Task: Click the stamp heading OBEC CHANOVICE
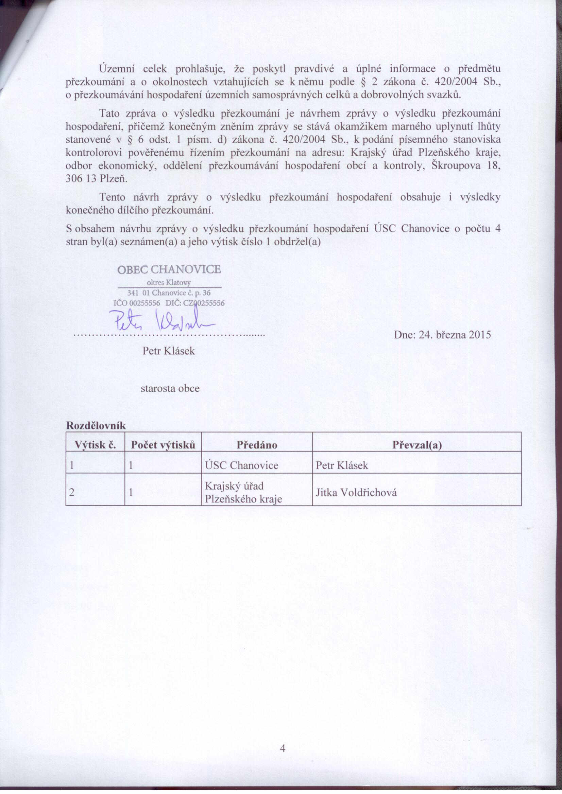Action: [x=169, y=269]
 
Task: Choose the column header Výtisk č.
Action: [x=95, y=445]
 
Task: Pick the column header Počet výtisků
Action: [x=163, y=445]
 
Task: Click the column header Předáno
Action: [x=257, y=445]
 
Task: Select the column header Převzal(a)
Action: [x=417, y=445]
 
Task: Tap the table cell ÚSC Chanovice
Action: [x=241, y=465]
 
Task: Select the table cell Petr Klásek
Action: [x=342, y=465]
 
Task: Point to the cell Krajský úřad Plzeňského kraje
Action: [x=244, y=492]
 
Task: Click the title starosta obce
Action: [x=170, y=388]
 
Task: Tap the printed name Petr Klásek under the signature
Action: [x=169, y=351]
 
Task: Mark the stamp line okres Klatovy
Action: [x=169, y=283]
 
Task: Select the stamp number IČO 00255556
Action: [x=137, y=303]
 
